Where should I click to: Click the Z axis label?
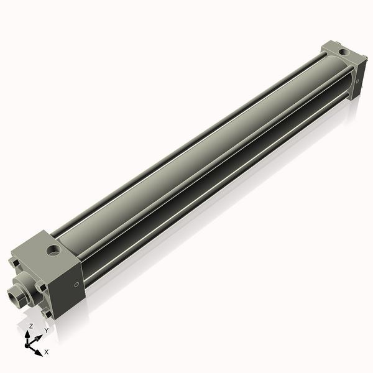(31, 326)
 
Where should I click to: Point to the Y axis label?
(46, 331)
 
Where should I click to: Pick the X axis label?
(47, 352)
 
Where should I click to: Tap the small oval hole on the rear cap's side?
(358, 80)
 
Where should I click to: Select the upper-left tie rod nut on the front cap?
(14, 264)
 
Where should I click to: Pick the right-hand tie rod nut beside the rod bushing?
(41, 287)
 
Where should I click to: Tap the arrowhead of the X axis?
(39, 349)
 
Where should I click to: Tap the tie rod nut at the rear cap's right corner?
(362, 62)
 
